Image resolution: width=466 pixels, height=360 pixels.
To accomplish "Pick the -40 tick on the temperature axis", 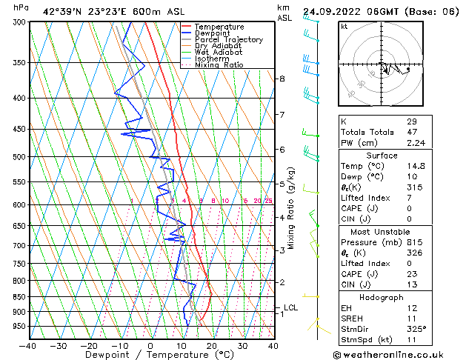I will pos(28,345).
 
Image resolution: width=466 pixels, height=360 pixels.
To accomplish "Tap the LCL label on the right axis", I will pos(291,307).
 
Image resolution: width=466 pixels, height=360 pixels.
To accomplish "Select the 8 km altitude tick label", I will pos(282,79).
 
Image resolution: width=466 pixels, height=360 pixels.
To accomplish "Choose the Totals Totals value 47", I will pos(412,133).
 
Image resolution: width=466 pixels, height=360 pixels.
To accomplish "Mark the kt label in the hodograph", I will pos(344,26).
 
